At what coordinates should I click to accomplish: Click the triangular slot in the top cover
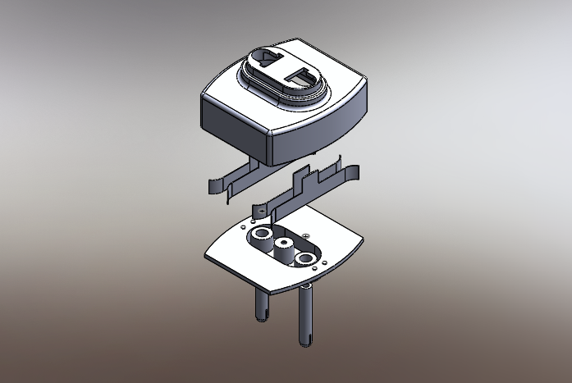pyautogui.click(x=266, y=59)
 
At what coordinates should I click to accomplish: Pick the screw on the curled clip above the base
pyautogui.click(x=256, y=212)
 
